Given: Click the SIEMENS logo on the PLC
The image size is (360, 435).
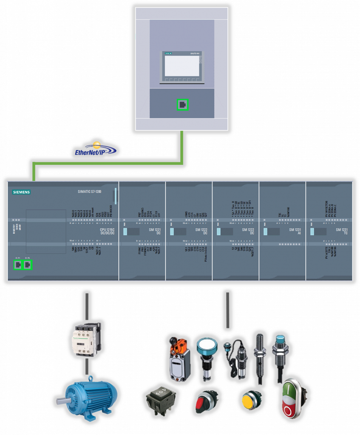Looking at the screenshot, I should tap(21, 192).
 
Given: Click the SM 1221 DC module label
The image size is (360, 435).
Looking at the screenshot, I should tap(155, 232).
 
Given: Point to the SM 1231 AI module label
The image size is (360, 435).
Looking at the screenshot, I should tap(295, 232).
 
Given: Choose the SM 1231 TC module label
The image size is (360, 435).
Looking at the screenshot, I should tap(342, 232).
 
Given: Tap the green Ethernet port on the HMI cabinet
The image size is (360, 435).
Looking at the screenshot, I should tap(183, 104).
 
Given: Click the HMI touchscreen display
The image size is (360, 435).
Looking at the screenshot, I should tap(182, 66).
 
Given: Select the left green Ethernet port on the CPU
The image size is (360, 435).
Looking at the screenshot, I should tap(18, 265).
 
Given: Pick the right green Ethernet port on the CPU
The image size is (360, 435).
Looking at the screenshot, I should tap(28, 265).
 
